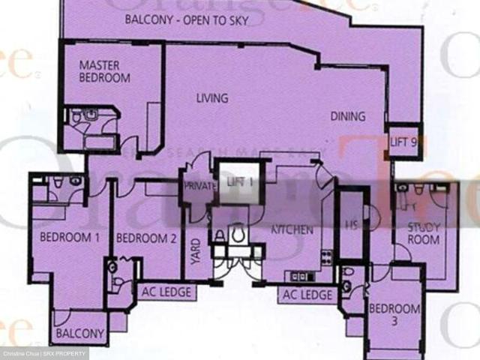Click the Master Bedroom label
tap(105, 72)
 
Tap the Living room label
tap(212, 98)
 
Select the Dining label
tap(348, 116)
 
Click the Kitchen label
tap(292, 229)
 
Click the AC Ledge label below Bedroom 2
tap(166, 292)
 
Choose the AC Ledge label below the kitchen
tap(307, 295)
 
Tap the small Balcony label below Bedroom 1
tap(79, 334)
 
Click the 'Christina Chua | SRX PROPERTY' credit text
tap(44, 353)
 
